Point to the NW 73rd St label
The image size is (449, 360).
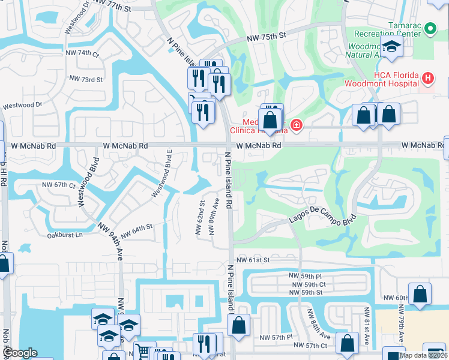(86, 79)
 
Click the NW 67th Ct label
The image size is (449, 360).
(58, 185)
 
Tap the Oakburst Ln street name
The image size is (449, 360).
(65, 235)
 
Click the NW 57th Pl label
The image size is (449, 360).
(276, 337)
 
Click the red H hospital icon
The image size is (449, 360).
(427, 78)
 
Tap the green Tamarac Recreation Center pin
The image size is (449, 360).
(430, 28)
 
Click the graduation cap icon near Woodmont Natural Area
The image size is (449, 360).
(391, 47)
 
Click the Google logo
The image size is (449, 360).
(20, 353)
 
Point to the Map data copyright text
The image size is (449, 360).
(423, 355)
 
